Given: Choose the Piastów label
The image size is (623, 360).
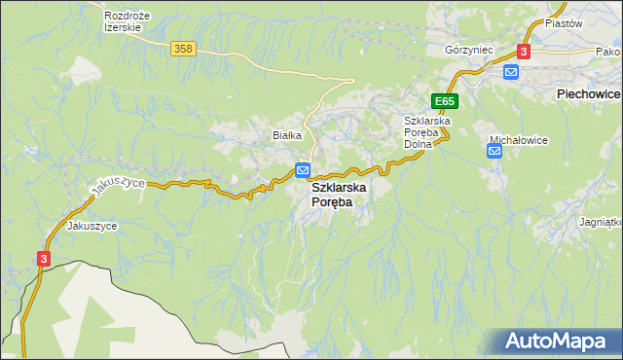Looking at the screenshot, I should [563, 22].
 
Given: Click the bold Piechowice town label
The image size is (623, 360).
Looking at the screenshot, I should [588, 93].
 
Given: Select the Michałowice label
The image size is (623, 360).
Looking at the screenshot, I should [518, 140].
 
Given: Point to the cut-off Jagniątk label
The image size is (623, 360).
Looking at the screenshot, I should [601, 222].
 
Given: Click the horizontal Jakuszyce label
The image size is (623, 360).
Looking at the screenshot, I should [92, 226].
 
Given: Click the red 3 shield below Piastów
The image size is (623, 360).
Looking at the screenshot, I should [524, 51].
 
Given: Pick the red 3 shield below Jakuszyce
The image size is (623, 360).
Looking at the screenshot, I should [44, 259].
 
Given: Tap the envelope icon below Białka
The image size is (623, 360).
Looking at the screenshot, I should [303, 170].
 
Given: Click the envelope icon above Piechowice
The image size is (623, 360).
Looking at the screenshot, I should [511, 71].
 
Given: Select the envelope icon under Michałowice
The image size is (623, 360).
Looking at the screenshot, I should [495, 150].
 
